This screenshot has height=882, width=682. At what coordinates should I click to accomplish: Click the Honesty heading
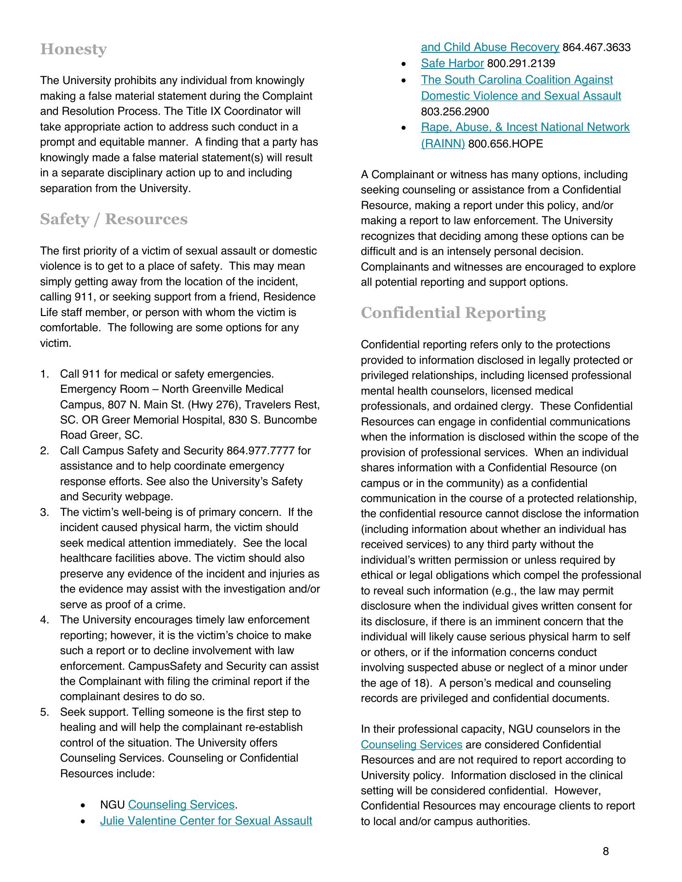(x=73, y=49)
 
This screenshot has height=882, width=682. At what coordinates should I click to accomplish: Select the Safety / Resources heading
(x=114, y=219)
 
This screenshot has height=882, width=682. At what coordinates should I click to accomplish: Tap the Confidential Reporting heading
(x=453, y=313)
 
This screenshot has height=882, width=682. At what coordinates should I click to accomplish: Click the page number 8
(x=606, y=852)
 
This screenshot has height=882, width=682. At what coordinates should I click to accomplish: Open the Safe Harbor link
(x=452, y=63)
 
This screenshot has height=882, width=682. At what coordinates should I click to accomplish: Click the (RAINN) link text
(x=443, y=144)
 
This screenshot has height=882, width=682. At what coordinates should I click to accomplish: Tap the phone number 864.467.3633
(x=596, y=47)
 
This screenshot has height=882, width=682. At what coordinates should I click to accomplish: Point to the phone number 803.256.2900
(x=455, y=112)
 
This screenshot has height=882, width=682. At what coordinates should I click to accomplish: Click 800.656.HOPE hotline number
(x=505, y=144)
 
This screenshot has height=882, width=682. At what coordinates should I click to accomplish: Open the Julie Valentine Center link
(x=206, y=820)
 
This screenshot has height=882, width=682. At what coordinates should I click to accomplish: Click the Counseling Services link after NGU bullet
(x=181, y=804)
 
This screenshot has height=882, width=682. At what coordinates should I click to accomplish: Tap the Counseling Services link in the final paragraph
(x=411, y=745)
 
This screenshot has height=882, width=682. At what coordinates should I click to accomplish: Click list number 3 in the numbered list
(x=44, y=512)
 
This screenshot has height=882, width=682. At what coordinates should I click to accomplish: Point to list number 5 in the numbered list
(x=44, y=712)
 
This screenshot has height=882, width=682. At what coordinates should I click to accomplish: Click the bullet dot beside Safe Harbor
(x=404, y=64)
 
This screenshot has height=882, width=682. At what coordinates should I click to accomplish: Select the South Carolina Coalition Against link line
(x=517, y=79)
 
